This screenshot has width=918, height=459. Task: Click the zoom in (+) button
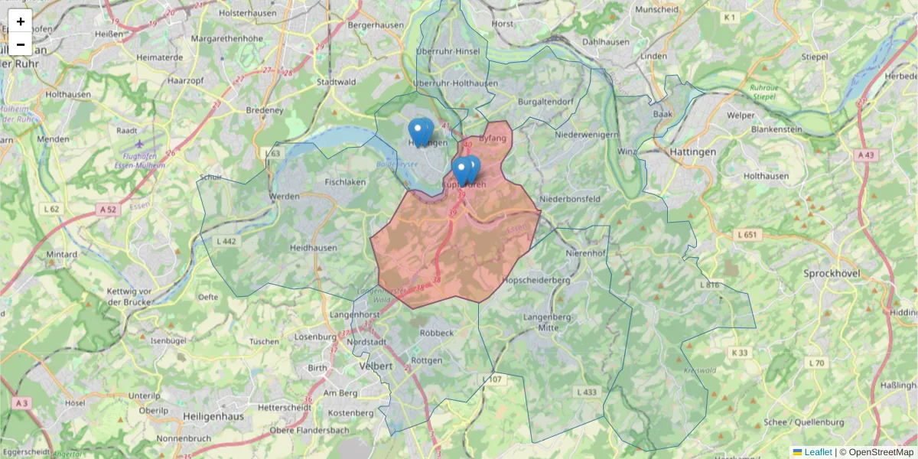pyautogui.click(x=21, y=21)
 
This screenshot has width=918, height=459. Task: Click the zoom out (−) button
pyautogui.click(x=21, y=44)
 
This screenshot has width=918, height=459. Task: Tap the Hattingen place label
pyautogui.click(x=692, y=152)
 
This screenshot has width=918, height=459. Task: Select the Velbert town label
pyautogui.click(x=376, y=366)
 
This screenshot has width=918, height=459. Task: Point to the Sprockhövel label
pyautogui.click(x=832, y=273)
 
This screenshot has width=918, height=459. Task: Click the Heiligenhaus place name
pyautogui.click(x=213, y=416)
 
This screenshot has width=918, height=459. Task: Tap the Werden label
pyautogui.click(x=284, y=197)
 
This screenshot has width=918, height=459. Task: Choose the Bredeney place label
pyautogui.click(x=265, y=110)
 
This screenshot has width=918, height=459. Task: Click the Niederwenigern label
pyautogui.click(x=587, y=135)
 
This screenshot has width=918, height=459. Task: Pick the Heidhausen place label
pyautogui.click(x=313, y=249)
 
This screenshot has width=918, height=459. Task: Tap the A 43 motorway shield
pyautogui.click(x=865, y=155)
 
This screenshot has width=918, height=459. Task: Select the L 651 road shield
pyautogui.click(x=747, y=234)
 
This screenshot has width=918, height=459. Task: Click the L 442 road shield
pyautogui.click(x=227, y=241)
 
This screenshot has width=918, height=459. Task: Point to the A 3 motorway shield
pyautogui.click(x=21, y=403)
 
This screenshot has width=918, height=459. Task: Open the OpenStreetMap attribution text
pyautogui.click(x=881, y=452)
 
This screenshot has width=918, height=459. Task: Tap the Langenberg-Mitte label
pyautogui.click(x=549, y=322)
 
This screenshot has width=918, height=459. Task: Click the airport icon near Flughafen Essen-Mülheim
pyautogui.click(x=138, y=143)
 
